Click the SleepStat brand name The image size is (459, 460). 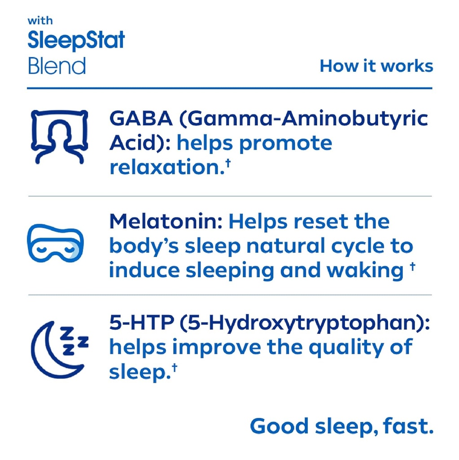pyautogui.click(x=76, y=41)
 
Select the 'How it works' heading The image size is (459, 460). pyautogui.click(x=376, y=66)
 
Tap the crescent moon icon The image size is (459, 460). pyautogui.click(x=59, y=349)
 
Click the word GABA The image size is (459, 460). pyautogui.click(x=139, y=119)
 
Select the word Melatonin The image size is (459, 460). pyautogui.click(x=166, y=221)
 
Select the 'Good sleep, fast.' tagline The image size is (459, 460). pyautogui.click(x=341, y=426)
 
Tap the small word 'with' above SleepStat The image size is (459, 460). pyautogui.click(x=40, y=21)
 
